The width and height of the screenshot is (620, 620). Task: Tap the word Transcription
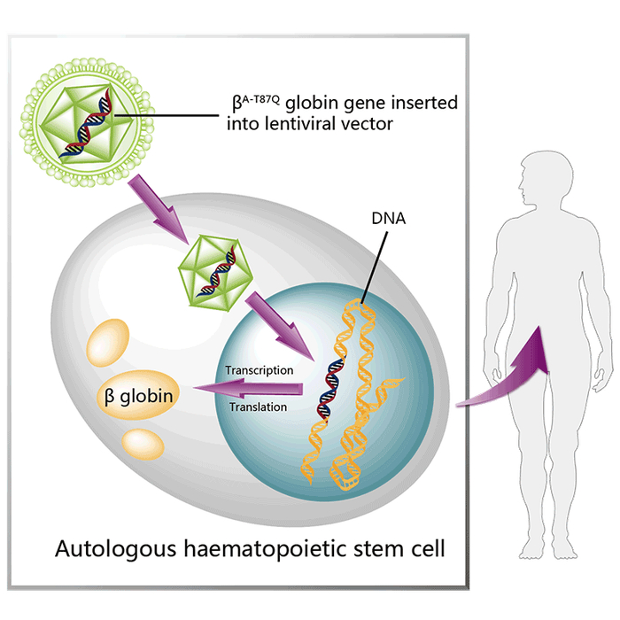click(259, 369)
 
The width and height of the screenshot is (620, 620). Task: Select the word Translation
click(258, 407)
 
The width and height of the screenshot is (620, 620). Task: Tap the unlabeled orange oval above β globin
click(107, 341)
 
